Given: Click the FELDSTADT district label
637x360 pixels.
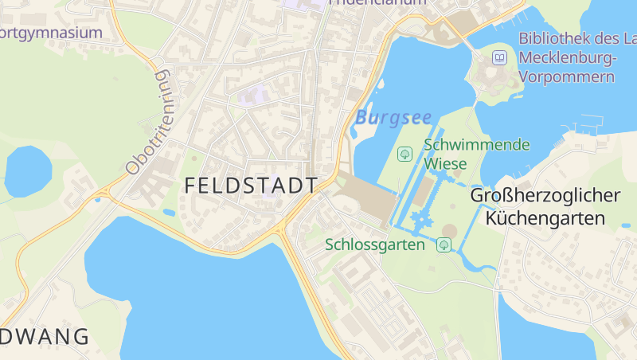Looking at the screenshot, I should click(x=251, y=186).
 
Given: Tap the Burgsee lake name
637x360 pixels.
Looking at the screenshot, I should click(x=393, y=118).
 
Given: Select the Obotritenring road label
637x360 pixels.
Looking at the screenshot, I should click(x=148, y=122).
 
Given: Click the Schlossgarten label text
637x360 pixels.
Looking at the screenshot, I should click(x=375, y=245).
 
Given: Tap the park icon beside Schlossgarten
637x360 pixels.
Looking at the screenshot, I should click(x=444, y=245).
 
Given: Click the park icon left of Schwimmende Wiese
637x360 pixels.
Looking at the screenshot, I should click(x=404, y=153).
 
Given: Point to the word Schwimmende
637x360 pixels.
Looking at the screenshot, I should click(x=476, y=145).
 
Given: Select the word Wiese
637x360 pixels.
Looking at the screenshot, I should click(x=445, y=163).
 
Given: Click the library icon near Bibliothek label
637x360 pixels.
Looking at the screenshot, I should click(x=499, y=57).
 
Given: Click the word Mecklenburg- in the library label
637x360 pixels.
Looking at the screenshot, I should click(x=566, y=57).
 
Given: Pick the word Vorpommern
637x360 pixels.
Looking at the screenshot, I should click(x=566, y=76).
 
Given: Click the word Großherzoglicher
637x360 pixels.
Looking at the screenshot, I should click(x=545, y=196).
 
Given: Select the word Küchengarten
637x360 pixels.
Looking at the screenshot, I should click(x=545, y=217).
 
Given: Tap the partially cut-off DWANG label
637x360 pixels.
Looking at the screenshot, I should click(x=45, y=337).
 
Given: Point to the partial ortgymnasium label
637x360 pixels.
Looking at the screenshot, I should click(x=52, y=33).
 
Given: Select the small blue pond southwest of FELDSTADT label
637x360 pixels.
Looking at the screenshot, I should click(x=169, y=213).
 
